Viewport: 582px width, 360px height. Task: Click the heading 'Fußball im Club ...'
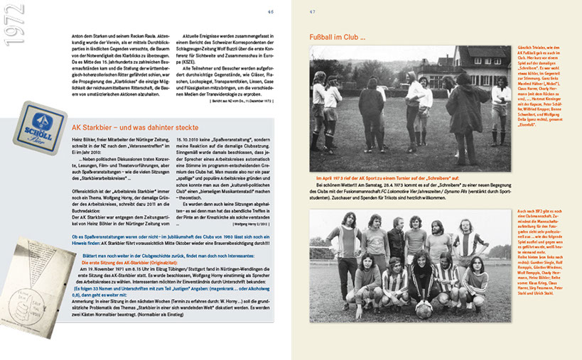(337, 36)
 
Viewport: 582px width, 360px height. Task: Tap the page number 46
(270, 11)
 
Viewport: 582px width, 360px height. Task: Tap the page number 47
(312, 11)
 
